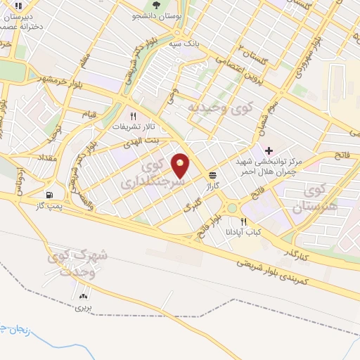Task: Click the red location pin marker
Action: pyautogui.click(x=181, y=166)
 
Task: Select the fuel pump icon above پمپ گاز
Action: pyautogui.click(x=49, y=195)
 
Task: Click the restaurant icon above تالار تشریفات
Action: pyautogui.click(x=131, y=117)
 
